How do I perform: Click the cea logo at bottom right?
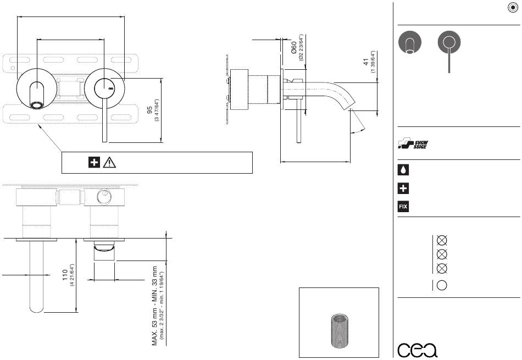click(x=418, y=350)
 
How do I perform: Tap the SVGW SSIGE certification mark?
click(x=413, y=143)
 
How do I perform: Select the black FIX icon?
click(x=403, y=207)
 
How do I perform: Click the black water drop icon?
click(x=403, y=170)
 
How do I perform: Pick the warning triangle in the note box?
click(x=109, y=163)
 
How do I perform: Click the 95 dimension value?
click(x=149, y=110)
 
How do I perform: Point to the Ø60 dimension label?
click(x=293, y=48)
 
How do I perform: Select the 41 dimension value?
click(x=366, y=62)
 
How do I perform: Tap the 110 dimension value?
click(x=65, y=275)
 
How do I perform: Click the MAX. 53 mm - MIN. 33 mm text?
click(x=154, y=306)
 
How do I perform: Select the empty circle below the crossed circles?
click(x=442, y=285)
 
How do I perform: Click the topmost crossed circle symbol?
click(x=442, y=240)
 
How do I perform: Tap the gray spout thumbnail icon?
click(x=410, y=42)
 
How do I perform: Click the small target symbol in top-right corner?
click(x=513, y=8)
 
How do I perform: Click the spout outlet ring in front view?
click(x=37, y=106)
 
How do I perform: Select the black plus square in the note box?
click(x=94, y=163)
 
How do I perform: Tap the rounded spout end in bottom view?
click(x=37, y=309)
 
